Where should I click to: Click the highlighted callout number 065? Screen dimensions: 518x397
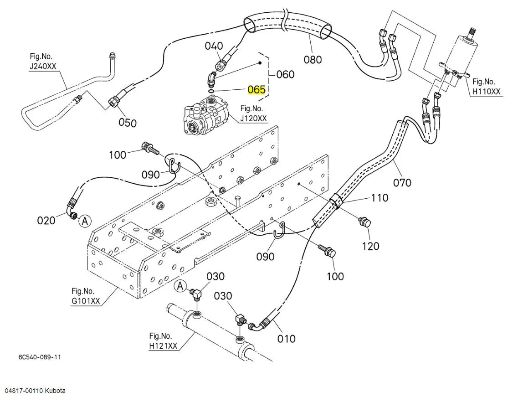(256, 90)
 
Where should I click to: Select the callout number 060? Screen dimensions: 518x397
(285, 74)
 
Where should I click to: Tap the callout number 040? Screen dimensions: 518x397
(214, 46)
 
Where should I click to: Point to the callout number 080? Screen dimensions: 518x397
(313, 60)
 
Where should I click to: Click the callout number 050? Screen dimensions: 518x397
(128, 123)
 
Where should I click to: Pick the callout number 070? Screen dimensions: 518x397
(402, 182)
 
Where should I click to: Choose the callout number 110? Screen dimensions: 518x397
(380, 198)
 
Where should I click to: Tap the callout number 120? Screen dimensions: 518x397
(370, 246)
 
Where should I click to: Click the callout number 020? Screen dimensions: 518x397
(46, 220)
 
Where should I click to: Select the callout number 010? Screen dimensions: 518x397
(286, 339)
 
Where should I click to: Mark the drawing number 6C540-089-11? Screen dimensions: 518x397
(40, 357)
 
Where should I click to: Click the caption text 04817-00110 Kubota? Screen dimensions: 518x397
(33, 391)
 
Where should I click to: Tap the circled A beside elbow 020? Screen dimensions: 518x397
(85, 221)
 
